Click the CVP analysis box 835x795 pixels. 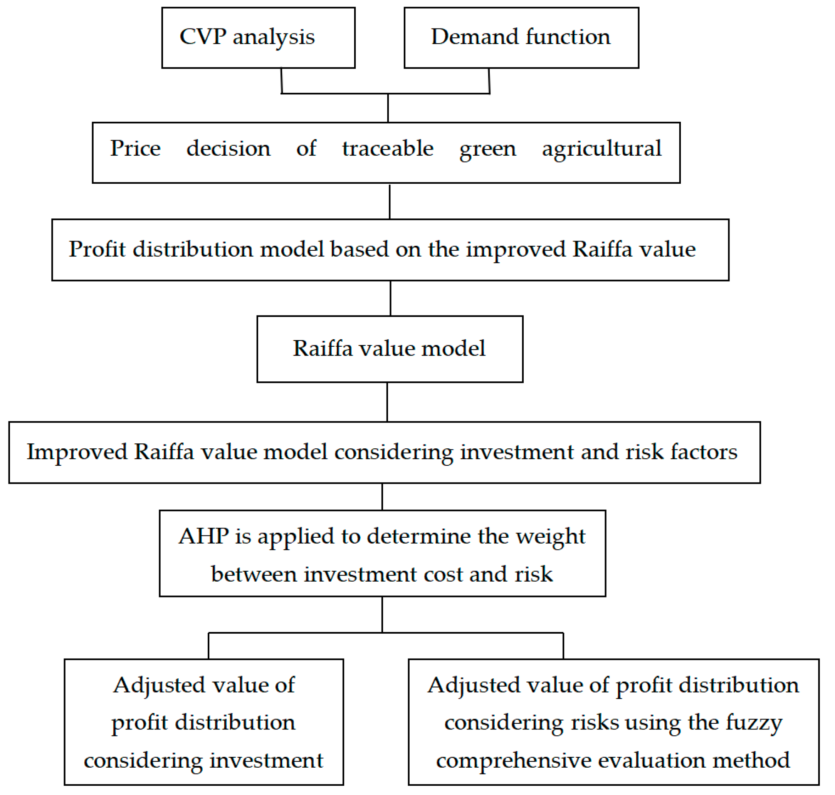(258, 38)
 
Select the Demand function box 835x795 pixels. (521, 38)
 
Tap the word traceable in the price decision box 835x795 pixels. (387, 148)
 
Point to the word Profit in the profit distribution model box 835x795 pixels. (97, 249)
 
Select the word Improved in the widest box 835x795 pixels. (77, 452)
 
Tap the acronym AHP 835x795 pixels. (203, 537)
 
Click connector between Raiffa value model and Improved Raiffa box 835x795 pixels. (387, 402)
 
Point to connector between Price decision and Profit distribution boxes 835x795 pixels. (390, 201)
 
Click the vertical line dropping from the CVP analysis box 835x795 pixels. (281, 81)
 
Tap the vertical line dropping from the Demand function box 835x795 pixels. (489, 81)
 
